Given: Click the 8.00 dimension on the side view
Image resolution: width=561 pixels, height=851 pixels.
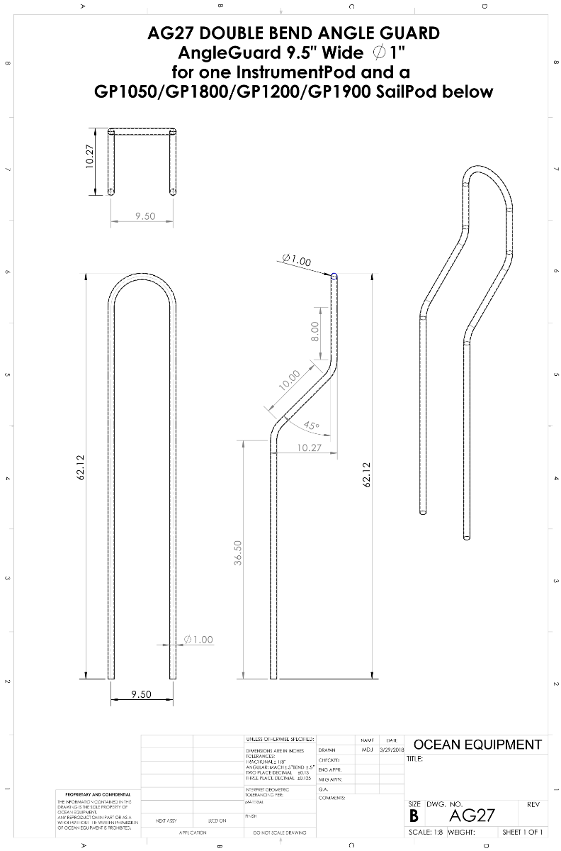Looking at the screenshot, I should (x=315, y=330).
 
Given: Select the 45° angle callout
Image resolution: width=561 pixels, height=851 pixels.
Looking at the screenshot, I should (x=311, y=426).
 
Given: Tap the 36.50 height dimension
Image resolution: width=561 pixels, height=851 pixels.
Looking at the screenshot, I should (x=239, y=553).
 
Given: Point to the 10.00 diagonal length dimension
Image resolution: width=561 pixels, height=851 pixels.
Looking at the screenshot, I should (x=290, y=381).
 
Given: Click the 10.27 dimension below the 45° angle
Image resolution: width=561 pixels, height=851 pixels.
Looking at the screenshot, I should (x=309, y=447).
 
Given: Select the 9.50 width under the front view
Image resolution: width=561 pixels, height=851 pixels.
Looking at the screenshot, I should (x=141, y=694).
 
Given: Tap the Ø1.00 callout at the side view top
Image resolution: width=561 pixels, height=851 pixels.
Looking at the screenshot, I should (x=296, y=261).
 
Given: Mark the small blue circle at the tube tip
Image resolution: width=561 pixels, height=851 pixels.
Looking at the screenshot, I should (x=334, y=277).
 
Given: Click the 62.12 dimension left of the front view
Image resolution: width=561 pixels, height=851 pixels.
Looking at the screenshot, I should (x=81, y=468).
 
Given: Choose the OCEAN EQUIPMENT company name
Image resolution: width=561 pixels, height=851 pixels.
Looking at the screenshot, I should (x=477, y=745).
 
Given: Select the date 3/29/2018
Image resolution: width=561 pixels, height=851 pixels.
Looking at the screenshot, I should (x=391, y=750).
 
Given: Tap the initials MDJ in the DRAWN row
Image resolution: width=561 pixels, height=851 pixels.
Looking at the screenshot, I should (x=367, y=750).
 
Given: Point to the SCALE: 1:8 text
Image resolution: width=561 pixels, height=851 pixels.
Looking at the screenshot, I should (x=424, y=833).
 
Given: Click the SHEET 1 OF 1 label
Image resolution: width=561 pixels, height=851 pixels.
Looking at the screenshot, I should (x=522, y=833).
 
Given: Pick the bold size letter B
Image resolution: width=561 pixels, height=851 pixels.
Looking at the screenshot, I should (x=414, y=816).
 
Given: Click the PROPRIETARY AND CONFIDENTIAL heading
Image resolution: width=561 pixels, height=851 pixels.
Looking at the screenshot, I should (x=97, y=794).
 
